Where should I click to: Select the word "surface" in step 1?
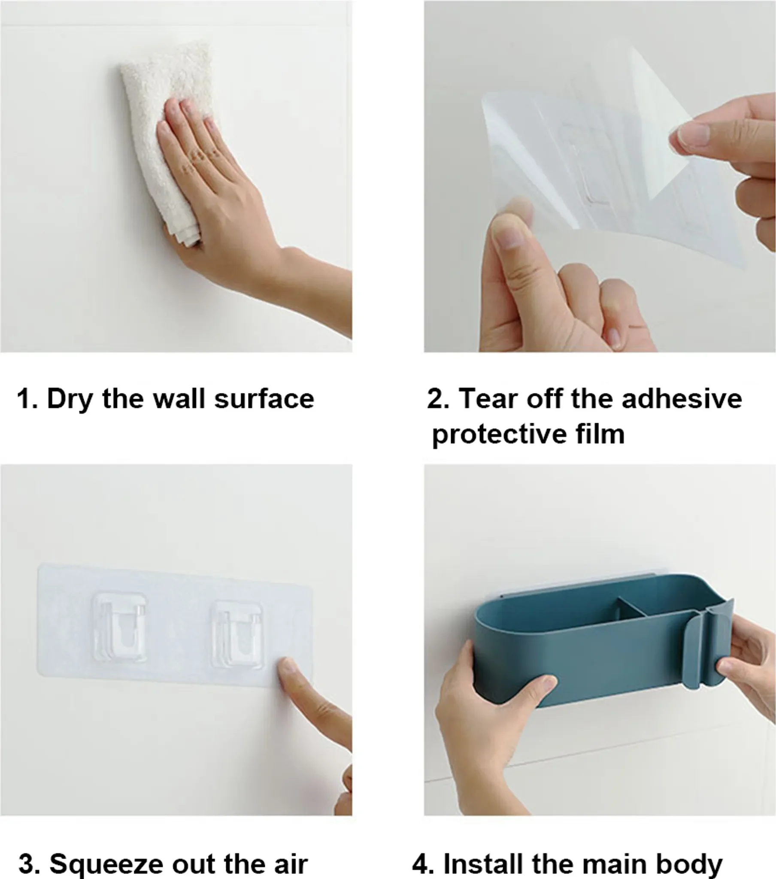[x=264, y=399]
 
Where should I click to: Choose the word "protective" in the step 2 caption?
[x=500, y=435]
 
